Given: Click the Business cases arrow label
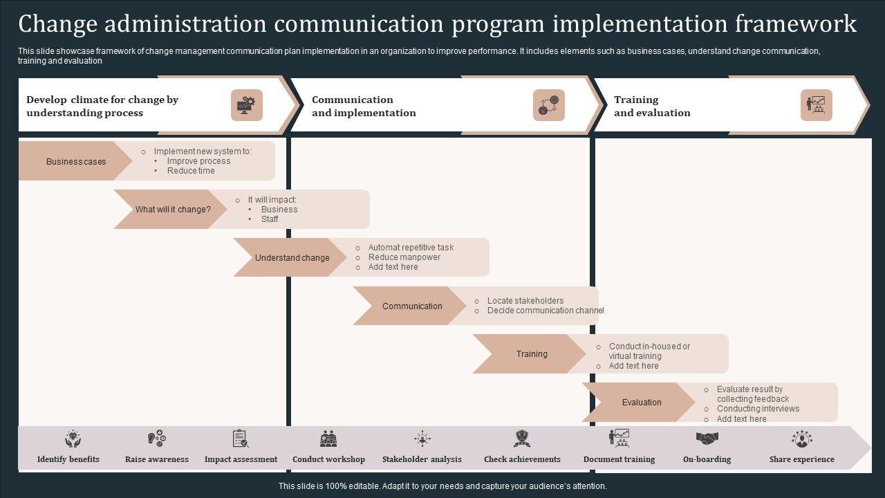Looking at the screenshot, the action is tap(75, 161).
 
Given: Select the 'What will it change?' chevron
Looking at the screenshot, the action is tap(172, 209).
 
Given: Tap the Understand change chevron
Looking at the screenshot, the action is tap(292, 257).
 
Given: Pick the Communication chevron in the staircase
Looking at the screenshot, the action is tap(411, 306).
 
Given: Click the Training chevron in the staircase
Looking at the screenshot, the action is tap(531, 353).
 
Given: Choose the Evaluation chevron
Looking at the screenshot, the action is tap(641, 402).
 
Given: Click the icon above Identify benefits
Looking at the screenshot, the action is tap(73, 439).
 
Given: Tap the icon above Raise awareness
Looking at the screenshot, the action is tap(157, 439).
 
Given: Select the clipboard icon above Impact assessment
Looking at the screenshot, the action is tap(241, 439).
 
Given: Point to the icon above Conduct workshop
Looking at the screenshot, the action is tap(328, 439).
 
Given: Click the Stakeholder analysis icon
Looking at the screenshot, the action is tap(422, 439).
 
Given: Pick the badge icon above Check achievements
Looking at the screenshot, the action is tap(522, 439).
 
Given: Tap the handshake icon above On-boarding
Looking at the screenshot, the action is tap(707, 439).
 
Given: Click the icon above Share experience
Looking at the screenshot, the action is tap(802, 439).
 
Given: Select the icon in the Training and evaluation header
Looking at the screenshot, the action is tap(817, 105).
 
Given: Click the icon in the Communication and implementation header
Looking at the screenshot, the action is tap(549, 105).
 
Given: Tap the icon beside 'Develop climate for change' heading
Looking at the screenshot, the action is tap(247, 105).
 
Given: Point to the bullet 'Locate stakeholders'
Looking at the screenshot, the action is tap(525, 301).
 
